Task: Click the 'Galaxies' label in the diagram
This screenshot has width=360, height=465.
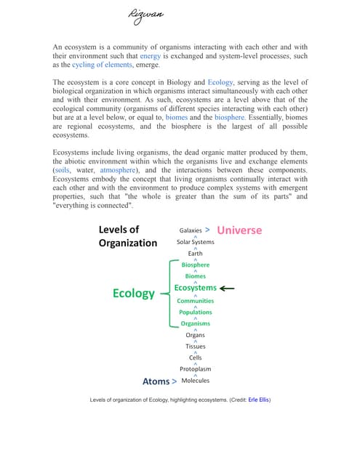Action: click(191, 230)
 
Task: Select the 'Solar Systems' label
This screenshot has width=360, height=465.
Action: click(196, 242)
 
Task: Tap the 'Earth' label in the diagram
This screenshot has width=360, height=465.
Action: click(196, 254)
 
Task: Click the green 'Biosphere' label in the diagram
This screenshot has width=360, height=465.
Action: click(196, 265)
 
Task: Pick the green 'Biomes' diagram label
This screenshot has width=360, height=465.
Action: click(196, 276)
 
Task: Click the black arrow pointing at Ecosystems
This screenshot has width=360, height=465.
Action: click(226, 288)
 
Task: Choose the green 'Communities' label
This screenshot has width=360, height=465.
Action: click(196, 301)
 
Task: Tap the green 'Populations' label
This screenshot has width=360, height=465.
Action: click(196, 312)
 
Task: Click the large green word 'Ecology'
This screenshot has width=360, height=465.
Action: click(134, 294)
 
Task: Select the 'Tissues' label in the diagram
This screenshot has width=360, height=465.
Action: click(196, 347)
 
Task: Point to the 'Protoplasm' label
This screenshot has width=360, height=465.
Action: click(196, 369)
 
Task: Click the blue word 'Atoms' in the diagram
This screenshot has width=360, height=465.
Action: click(156, 381)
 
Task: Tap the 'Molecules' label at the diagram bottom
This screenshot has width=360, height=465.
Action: click(196, 381)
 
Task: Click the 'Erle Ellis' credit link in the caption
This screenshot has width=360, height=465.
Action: click(259, 400)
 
